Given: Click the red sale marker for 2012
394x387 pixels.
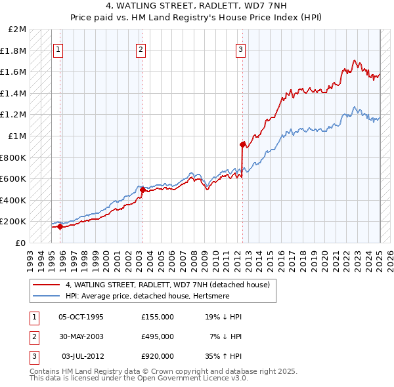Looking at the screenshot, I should pyautogui.click(x=242, y=144).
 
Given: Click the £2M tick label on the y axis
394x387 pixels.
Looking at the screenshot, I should pyautogui.click(x=18, y=30).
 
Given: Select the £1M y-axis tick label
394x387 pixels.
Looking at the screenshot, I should pyautogui.click(x=18, y=136).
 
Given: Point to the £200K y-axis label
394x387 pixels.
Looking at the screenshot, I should pyautogui.click(x=14, y=222).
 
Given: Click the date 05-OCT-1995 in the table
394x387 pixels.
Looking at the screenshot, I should pyautogui.click(x=81, y=317).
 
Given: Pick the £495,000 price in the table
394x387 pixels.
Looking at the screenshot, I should pyautogui.click(x=158, y=336).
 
